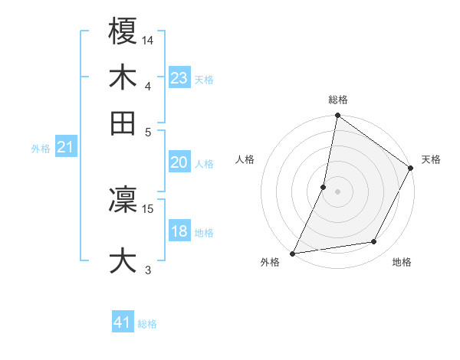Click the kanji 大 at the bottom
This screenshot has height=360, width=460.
pyautogui.click(x=123, y=259)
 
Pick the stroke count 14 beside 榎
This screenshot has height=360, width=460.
pyautogui.click(x=148, y=40)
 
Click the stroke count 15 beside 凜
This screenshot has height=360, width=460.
pyautogui.click(x=148, y=208)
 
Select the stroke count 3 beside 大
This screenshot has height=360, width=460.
pyautogui.click(x=148, y=270)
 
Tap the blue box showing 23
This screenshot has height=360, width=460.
pyautogui.click(x=179, y=78)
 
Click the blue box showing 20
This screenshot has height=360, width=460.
pyautogui.click(x=179, y=162)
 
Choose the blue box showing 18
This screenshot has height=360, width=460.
pyautogui.click(x=179, y=231)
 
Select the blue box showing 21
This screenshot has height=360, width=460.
pyautogui.click(x=65, y=148)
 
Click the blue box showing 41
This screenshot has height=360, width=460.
pyautogui.click(x=123, y=323)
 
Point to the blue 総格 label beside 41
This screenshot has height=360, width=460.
pyautogui.click(x=147, y=324)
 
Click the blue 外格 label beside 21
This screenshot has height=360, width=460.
pyautogui.click(x=40, y=149)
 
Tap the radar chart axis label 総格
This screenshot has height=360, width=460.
pyautogui.click(x=337, y=100)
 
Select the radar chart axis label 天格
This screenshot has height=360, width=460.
pyautogui.click(x=431, y=159)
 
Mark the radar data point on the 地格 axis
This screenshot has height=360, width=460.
pyautogui.click(x=374, y=242)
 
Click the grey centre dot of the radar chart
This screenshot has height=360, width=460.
pyautogui.click(x=337, y=191)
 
